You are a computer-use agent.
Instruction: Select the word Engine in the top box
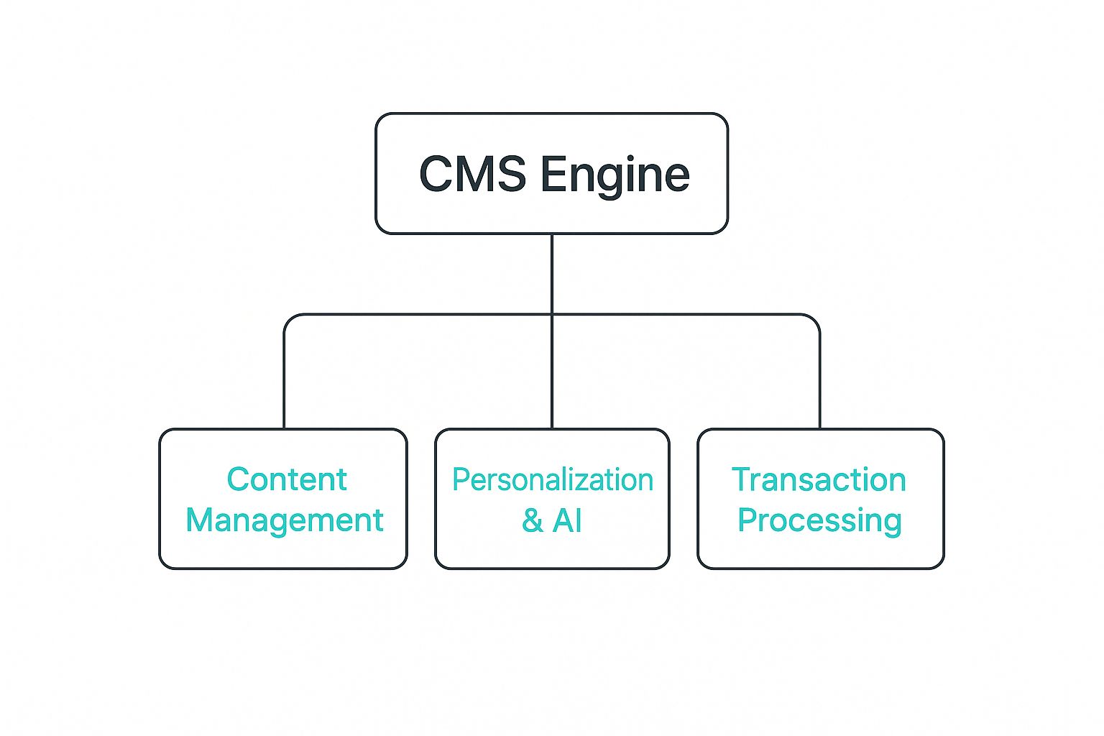pos(615,175)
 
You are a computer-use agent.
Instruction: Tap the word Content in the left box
pos(287,479)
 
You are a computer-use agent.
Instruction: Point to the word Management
pos(285,520)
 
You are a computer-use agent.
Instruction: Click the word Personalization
pos(552,480)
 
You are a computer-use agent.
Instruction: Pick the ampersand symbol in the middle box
pos(532,520)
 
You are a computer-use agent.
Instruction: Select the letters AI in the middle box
pos(568,520)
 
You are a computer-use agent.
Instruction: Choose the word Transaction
pos(819,479)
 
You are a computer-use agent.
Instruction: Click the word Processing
pos(819,520)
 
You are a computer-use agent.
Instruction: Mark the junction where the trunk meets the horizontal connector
pos(552,314)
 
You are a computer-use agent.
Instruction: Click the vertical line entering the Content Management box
pos(285,388)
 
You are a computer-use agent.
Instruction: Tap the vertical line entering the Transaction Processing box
pos(819,388)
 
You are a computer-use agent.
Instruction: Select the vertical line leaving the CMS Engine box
pos(552,273)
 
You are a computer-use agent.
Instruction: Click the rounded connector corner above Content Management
pos(289,318)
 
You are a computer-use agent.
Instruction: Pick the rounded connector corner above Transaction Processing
pos(815,318)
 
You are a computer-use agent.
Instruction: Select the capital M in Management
pos(202,520)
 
